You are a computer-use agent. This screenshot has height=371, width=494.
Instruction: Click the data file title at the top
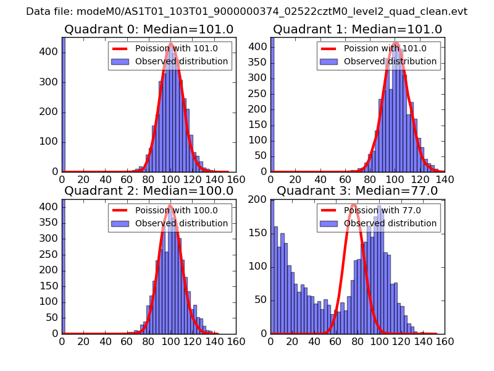click(x=247, y=11)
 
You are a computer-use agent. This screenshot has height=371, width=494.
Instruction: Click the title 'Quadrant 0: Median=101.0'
click(x=149, y=29)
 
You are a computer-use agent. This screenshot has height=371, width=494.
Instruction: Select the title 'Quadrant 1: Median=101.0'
click(x=358, y=29)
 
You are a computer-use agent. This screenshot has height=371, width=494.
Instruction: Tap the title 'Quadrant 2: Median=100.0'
click(x=149, y=190)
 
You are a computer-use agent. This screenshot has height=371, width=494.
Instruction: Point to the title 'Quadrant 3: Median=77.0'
click(x=358, y=190)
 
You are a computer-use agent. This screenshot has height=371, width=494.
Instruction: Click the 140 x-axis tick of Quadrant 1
click(x=445, y=179)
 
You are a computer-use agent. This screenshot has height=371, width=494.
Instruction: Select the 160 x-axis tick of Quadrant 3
click(x=445, y=341)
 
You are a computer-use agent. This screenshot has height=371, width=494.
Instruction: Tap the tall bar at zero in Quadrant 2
click(x=63, y=266)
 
